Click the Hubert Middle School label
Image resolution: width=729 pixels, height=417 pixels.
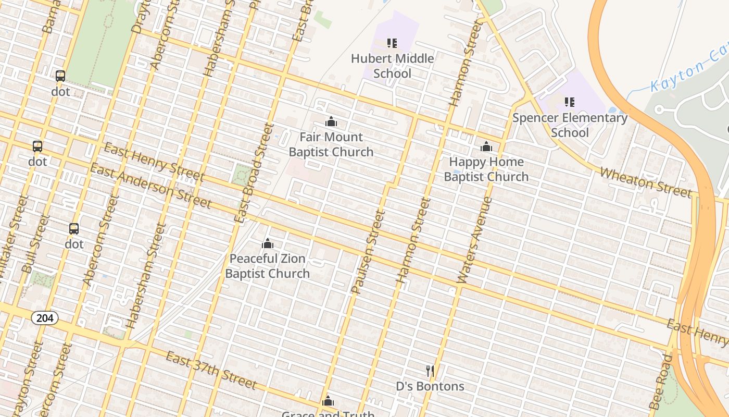[392, 66]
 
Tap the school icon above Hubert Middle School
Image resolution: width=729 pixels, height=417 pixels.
[392, 43]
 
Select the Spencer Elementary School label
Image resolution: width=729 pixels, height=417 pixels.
[570, 125]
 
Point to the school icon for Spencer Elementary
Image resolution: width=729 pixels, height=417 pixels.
[570, 102]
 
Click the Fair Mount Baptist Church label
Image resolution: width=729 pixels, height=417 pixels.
[331, 144]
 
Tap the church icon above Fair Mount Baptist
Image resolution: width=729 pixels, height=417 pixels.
[331, 122]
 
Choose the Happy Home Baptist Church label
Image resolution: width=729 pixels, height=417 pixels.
[486, 169]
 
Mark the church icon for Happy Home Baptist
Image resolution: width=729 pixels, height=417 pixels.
[486, 147]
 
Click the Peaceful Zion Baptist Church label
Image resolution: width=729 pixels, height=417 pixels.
[268, 266]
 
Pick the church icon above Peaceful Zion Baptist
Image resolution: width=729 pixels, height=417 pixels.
[268, 243]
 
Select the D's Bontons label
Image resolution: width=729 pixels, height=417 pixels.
[430, 386]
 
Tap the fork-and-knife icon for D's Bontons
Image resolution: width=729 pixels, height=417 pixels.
[430, 371]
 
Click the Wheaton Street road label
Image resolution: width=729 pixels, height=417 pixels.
[646, 182]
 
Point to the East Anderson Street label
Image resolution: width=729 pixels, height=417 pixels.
[150, 186]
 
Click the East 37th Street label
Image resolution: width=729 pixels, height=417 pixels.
[211, 371]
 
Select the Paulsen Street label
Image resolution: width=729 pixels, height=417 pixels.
[367, 252]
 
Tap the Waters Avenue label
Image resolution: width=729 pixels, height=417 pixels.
[474, 240]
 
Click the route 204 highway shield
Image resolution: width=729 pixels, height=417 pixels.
[44, 318]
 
